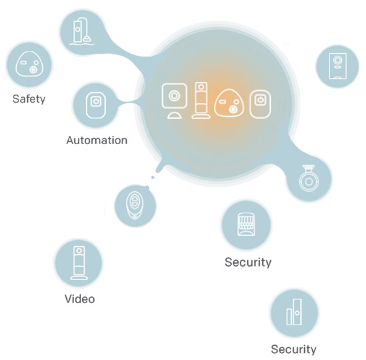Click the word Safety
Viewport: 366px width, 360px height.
point(29,99)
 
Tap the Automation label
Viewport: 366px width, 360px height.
point(97,140)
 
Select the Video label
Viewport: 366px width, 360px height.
point(80,299)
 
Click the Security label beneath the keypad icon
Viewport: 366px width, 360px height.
point(248,262)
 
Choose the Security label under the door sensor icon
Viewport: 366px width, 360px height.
point(294,349)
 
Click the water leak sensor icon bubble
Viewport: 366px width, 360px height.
point(82,32)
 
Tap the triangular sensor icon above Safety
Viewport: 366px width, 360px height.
point(30,64)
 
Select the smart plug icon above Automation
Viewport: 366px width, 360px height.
point(96,105)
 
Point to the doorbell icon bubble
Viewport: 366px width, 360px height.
point(338,66)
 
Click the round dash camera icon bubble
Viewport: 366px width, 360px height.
point(309,179)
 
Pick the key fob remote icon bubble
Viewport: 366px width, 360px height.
point(135,206)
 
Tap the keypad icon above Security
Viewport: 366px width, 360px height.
point(246,224)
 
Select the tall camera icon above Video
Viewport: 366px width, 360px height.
point(79,263)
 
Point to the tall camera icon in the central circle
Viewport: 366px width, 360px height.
point(201,100)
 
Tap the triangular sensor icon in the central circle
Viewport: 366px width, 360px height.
point(229,103)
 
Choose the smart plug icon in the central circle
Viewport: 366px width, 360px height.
point(260,104)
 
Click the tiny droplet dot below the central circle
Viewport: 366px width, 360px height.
point(153,177)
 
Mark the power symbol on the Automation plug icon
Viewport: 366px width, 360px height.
point(96,101)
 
